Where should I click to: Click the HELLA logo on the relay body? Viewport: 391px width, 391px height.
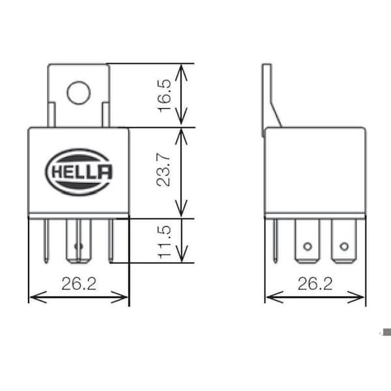79,172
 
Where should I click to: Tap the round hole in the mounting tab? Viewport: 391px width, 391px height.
79,93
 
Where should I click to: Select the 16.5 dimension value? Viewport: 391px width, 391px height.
165,96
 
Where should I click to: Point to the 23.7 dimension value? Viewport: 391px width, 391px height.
164,171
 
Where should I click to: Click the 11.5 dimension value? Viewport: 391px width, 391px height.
165,242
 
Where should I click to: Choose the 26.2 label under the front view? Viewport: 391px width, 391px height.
79,283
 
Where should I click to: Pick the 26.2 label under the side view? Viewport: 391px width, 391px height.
315,283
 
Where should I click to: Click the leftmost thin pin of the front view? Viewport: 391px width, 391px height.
46,241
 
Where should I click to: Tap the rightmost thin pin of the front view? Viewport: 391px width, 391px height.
111,240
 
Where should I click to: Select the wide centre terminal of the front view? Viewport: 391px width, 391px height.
79,241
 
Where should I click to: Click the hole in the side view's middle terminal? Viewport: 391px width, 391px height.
307,246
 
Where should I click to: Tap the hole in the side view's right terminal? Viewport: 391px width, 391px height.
344,246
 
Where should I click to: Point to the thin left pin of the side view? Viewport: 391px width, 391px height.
275,241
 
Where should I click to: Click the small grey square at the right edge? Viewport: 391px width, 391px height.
387,332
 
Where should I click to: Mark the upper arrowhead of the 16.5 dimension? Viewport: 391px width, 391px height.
181,72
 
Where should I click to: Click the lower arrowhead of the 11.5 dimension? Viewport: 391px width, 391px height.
181,254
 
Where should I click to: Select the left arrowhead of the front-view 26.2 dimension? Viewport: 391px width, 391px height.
38,297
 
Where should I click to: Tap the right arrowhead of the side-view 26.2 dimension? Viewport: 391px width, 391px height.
356,297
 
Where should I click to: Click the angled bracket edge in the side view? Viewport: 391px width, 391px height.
276,115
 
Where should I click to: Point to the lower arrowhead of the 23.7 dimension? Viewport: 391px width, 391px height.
181,209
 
